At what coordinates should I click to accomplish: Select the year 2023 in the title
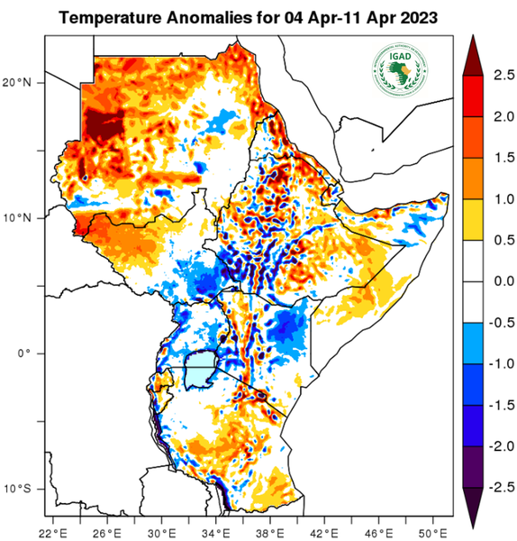tap(416, 17)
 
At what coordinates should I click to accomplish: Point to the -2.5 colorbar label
tap(499, 486)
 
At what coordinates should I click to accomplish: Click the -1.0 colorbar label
tap(499, 364)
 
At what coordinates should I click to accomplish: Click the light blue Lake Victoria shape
tap(200, 371)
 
